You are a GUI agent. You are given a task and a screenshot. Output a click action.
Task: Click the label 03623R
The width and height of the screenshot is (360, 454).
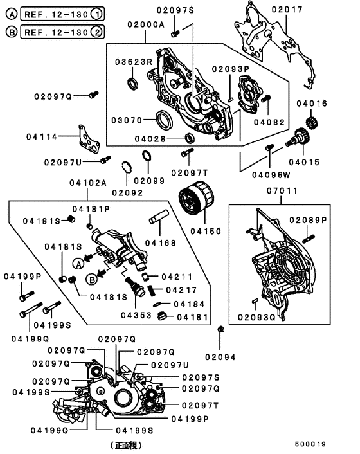tap(133, 62)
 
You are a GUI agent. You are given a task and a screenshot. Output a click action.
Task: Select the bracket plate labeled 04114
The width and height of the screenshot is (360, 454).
tap(85, 138)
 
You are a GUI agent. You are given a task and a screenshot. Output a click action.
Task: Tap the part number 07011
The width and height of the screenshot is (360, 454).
tap(280, 191)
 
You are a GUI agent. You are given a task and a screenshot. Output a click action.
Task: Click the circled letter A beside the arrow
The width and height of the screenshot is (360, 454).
tap(78, 262)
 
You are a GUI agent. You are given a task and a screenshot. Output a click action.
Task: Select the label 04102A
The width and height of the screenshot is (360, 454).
tap(88, 183)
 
